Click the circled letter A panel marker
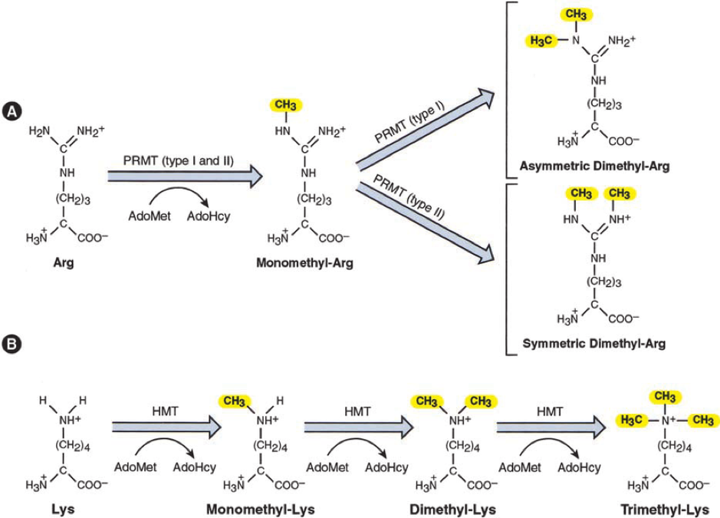click(12, 112)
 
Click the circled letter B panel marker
click(12, 345)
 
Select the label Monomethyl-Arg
click(305, 263)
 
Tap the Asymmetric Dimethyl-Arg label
click(595, 166)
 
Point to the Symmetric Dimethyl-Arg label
click(594, 343)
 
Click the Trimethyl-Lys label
click(665, 510)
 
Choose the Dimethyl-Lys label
click(452, 510)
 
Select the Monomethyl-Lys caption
click(261, 510)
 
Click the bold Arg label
click(64, 263)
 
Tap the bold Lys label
click(64, 510)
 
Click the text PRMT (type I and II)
click(178, 161)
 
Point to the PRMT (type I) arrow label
click(409, 124)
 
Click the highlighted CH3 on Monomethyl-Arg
click(285, 105)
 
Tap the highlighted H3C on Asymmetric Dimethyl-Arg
click(541, 41)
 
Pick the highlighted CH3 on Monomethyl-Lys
click(234, 401)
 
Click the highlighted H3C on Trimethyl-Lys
click(631, 420)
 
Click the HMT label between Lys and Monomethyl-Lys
click(165, 411)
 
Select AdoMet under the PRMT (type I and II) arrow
click(150, 216)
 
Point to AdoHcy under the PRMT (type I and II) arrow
click(209, 216)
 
